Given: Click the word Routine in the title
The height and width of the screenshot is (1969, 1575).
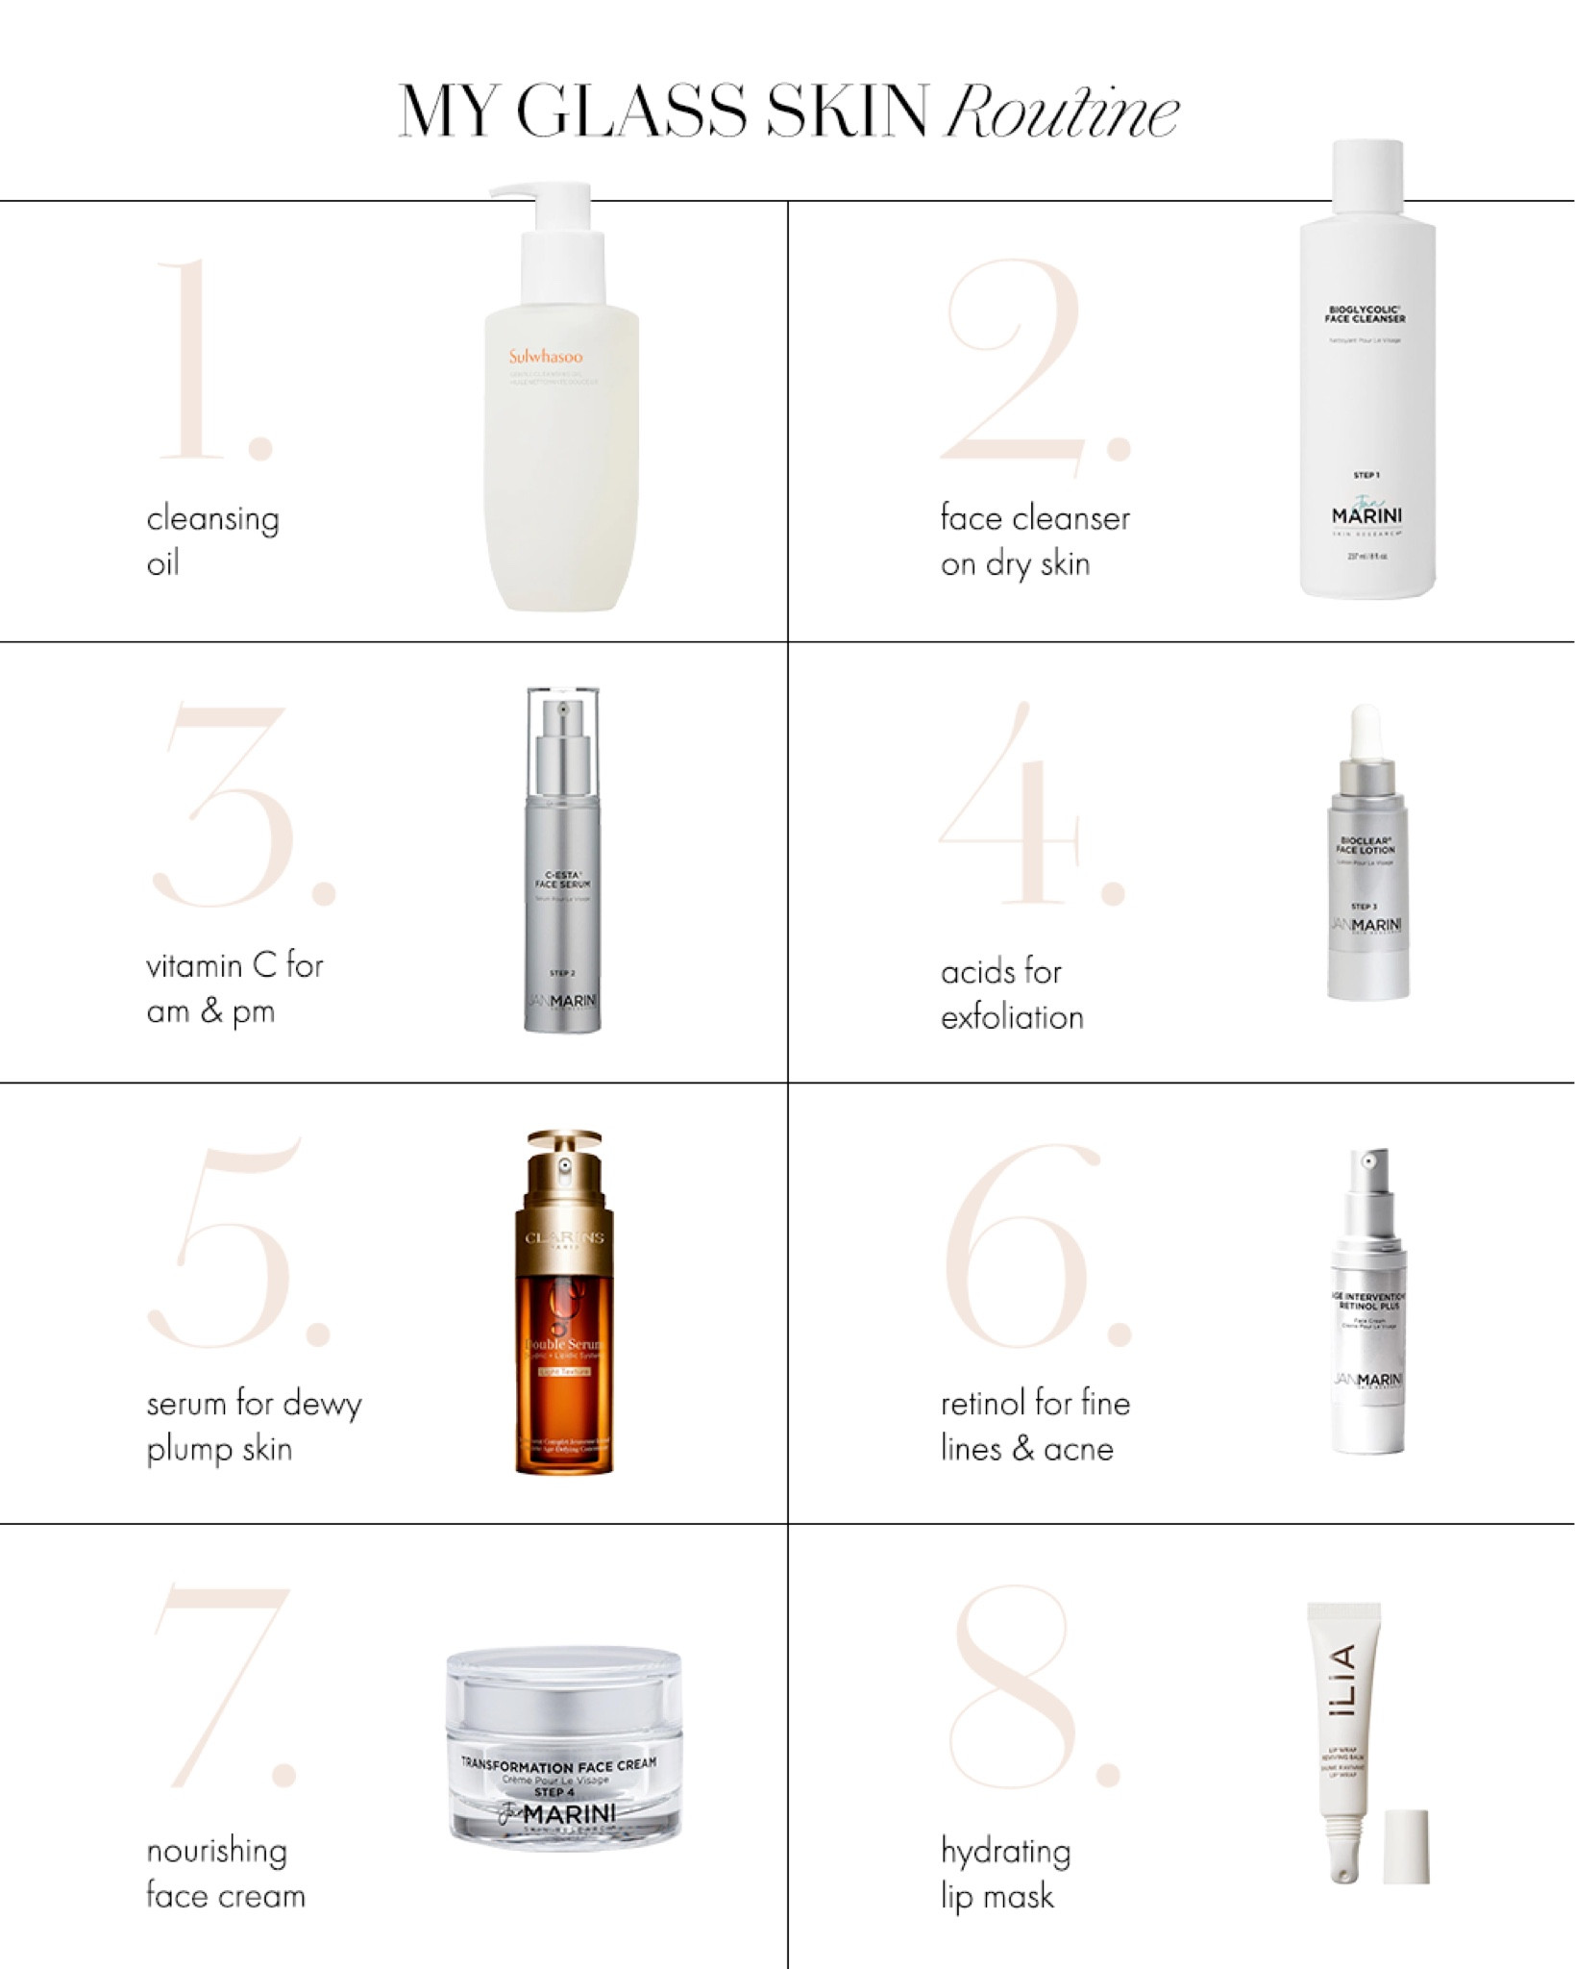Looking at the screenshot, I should click(1062, 113).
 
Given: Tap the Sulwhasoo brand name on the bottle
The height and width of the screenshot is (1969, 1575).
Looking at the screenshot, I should click(546, 357).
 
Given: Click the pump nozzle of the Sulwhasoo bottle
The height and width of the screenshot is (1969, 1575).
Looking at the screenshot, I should click(519, 190).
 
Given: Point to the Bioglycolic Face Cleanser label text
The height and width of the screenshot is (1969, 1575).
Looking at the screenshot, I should click(1365, 313).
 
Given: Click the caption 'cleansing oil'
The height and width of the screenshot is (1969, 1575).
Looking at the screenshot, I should click(212, 540).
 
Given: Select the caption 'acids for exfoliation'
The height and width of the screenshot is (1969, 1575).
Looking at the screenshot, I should click(1011, 994).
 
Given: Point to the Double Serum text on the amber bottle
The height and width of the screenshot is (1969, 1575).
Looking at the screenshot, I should click(564, 1344).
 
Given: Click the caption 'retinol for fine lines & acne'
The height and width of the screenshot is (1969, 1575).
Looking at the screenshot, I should click(1035, 1426).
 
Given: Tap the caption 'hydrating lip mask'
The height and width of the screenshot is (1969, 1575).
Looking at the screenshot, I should click(1005, 1873).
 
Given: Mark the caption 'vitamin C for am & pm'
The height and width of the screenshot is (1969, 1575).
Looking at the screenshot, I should click(234, 988).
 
